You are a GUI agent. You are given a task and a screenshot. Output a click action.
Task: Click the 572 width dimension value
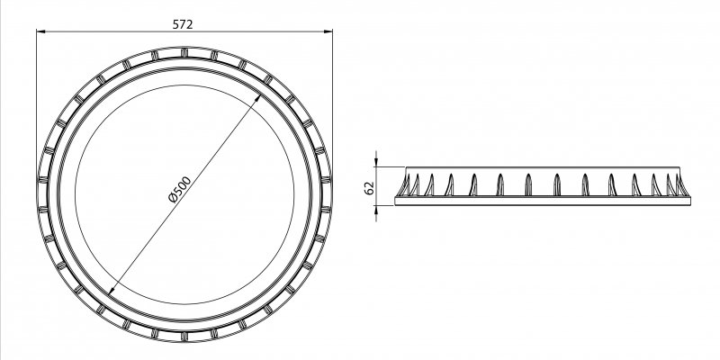[183, 24]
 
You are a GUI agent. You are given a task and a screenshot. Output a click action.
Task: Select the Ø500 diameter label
[180, 189]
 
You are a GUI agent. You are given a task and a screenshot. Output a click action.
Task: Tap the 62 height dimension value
[370, 188]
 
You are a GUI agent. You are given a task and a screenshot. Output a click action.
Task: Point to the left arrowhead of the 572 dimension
[40, 31]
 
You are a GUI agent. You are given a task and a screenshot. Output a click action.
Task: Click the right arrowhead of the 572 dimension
[328, 31]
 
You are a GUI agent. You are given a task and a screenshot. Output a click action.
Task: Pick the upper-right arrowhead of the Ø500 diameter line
[257, 99]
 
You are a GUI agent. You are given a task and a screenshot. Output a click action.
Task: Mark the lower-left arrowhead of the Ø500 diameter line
[112, 290]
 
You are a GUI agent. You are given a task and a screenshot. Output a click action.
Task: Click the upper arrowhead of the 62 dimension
[376, 163]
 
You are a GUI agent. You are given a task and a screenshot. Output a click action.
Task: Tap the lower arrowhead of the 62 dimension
[376, 210]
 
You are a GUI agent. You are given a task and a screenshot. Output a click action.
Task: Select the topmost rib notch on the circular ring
[184, 52]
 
